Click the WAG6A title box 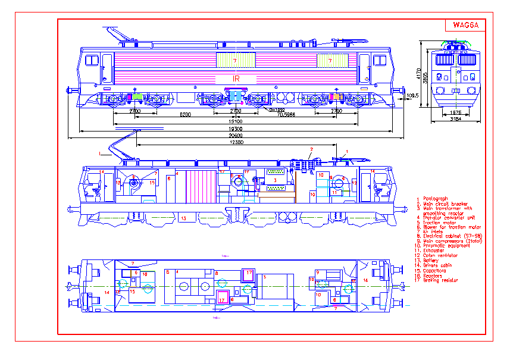[466, 25]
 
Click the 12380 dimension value [236, 143]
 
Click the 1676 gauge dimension [456, 112]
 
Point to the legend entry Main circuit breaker [440, 204]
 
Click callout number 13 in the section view [183, 218]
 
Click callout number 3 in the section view [276, 179]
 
